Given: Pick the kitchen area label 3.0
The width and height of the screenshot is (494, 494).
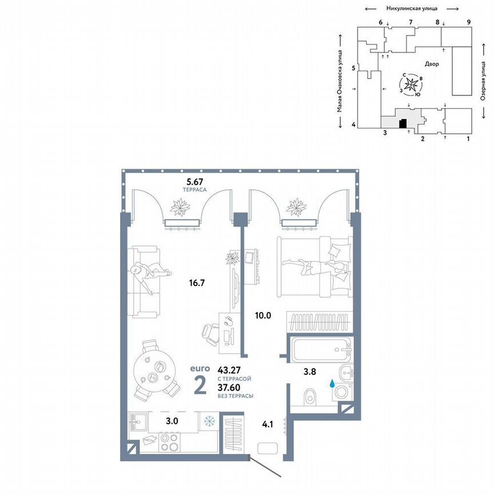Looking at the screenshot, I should tap(172, 421).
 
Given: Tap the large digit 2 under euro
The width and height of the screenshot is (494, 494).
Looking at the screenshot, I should tap(200, 387).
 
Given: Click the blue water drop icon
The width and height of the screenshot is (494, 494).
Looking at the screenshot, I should tap(332, 384).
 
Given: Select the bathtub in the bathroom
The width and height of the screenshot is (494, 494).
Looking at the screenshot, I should tap(320, 348).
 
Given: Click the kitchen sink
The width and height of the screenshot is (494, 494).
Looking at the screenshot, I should tap(138, 422).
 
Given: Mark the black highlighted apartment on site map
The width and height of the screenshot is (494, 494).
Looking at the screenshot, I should tap(403, 123).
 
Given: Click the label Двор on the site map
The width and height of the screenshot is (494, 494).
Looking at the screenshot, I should tap(432, 64).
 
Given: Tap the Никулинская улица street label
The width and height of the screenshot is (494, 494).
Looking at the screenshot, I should tap(412, 8).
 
